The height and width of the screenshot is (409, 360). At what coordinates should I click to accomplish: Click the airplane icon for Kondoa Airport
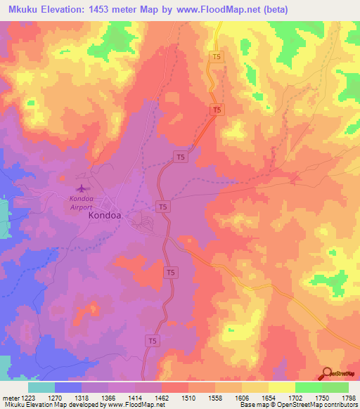tap(83, 188)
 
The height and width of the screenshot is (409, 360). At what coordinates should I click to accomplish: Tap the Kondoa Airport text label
tap(81, 203)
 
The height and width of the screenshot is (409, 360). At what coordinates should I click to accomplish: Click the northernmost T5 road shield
tap(217, 57)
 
